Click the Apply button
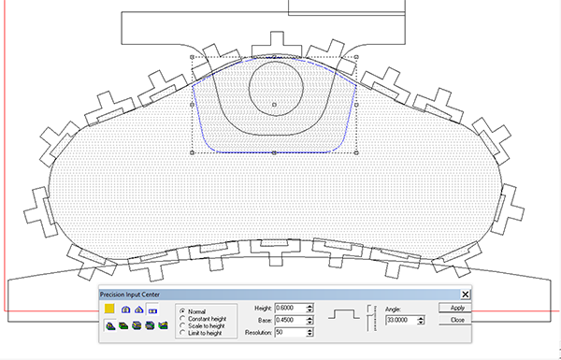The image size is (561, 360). tap(454, 308)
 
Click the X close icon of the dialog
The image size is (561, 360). tap(465, 295)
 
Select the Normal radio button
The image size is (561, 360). tap(183, 311)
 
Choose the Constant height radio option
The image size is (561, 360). tap(183, 319)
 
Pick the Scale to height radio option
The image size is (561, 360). tap(183, 325)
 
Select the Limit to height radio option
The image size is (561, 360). tap(183, 333)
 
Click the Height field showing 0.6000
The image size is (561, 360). tap(291, 309)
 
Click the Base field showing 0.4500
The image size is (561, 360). tap(291, 320)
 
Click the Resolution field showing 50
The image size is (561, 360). tap(291, 333)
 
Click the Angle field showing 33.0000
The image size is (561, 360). tap(401, 320)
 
